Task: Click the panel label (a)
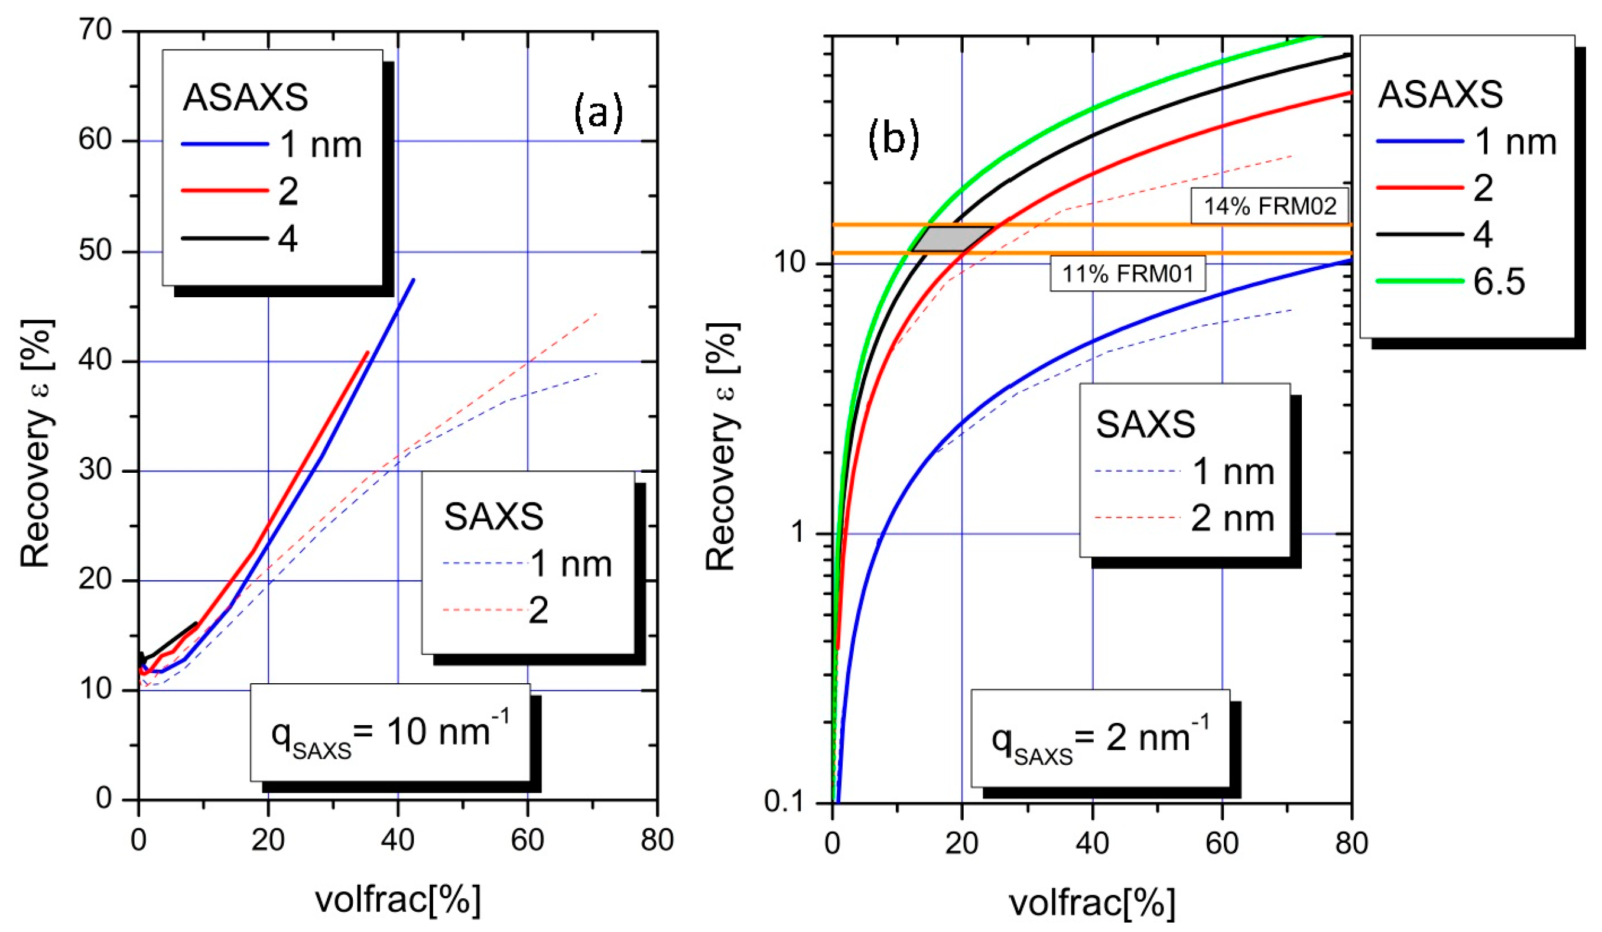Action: pyautogui.click(x=597, y=113)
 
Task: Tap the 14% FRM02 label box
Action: pyautogui.click(x=1269, y=206)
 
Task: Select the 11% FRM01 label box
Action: pyautogui.click(x=1126, y=274)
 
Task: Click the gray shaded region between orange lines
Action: pyautogui.click(x=951, y=238)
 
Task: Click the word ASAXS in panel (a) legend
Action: pyautogui.click(x=245, y=98)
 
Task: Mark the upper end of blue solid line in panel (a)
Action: pyautogui.click(x=414, y=279)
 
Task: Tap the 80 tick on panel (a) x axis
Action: pyautogui.click(x=657, y=840)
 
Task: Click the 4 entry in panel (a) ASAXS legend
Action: pyautogui.click(x=287, y=239)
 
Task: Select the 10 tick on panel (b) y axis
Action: pyautogui.click(x=790, y=262)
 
